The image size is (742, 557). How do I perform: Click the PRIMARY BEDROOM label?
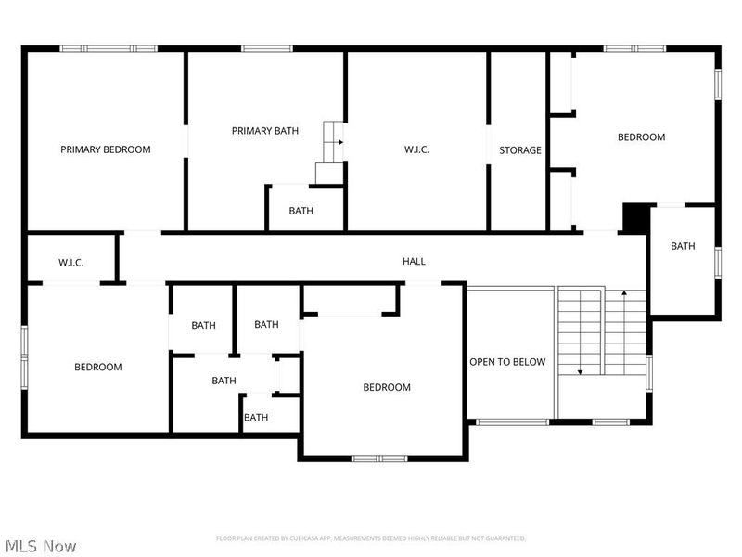pyautogui.click(x=106, y=149)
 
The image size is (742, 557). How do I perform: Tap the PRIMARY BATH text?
pyautogui.click(x=265, y=131)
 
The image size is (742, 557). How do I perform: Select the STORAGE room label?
pyautogui.click(x=520, y=150)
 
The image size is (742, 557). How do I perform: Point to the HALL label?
pyautogui.click(x=414, y=262)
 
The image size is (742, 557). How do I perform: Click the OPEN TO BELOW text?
pyautogui.click(x=507, y=362)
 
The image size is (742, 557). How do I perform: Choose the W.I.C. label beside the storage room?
pyautogui.click(x=416, y=150)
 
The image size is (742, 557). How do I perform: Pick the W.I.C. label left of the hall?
pyautogui.click(x=71, y=263)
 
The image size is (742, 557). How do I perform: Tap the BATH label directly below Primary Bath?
pyautogui.click(x=301, y=211)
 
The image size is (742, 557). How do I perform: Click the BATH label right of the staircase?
pyautogui.click(x=683, y=246)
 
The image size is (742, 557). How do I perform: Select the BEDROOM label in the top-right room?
pyautogui.click(x=642, y=137)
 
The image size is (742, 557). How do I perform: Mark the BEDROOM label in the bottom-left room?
pyautogui.click(x=98, y=368)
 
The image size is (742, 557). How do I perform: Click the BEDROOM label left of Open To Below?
pyautogui.click(x=387, y=388)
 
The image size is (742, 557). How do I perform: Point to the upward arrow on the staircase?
pyautogui.click(x=624, y=294)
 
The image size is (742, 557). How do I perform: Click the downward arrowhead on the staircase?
pyautogui.click(x=580, y=371)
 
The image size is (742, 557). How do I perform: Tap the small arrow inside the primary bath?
pyautogui.click(x=340, y=142)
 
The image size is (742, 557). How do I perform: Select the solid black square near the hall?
pyautogui.click(x=635, y=217)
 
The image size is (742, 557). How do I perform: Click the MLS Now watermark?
pyautogui.click(x=40, y=547)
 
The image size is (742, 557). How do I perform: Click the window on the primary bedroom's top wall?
pyautogui.click(x=109, y=48)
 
